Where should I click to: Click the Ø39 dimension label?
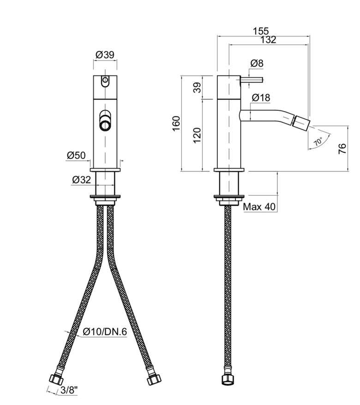point(105,55)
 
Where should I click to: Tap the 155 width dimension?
point(261,31)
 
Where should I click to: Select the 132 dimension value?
point(268,40)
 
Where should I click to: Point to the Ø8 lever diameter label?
point(257,63)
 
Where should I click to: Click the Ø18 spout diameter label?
point(261,97)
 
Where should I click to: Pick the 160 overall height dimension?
point(176,124)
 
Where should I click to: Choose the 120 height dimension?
point(197,135)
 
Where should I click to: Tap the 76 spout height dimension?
point(342,149)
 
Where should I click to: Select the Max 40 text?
point(259,206)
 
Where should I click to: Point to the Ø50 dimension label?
point(76,155)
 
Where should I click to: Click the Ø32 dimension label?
point(82,180)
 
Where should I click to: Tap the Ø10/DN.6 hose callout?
point(105,332)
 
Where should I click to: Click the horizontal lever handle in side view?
point(252,80)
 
